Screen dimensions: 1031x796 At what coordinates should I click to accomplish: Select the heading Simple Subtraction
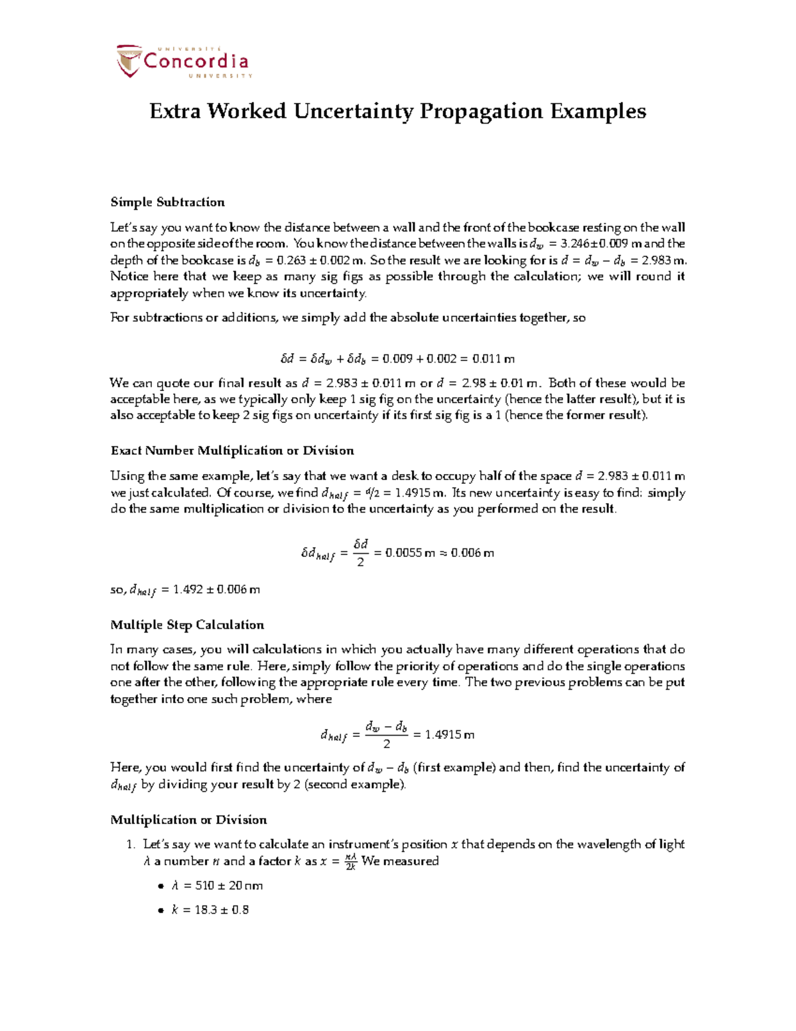coord(167,202)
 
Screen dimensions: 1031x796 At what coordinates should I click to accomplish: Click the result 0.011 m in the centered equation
coord(493,359)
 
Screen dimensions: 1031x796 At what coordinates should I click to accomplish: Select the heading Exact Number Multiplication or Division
coord(232,451)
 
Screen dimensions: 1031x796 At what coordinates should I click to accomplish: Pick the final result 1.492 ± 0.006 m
coord(216,589)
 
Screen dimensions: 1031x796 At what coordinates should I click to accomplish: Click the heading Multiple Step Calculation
coord(187,625)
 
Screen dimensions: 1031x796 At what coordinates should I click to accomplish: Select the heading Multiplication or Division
coord(188,820)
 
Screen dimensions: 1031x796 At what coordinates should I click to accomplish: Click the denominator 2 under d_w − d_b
coord(387,744)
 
